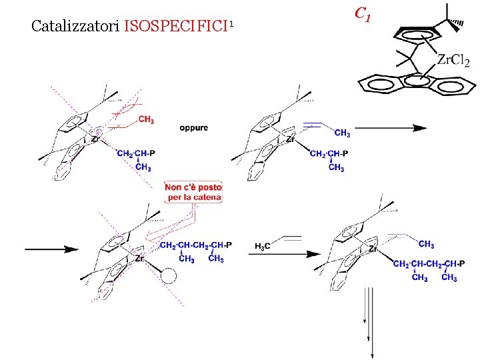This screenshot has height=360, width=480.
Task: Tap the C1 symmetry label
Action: [362, 13]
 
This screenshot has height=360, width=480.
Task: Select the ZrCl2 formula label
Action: [453, 61]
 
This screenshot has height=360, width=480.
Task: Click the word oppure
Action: [193, 127]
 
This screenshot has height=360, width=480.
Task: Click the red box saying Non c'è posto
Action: [193, 193]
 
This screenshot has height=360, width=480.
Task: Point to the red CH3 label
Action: [147, 120]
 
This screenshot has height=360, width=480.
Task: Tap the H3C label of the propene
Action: [263, 247]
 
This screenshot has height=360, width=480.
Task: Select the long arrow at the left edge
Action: [52, 249]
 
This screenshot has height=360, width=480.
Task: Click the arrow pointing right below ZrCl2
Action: [391, 128]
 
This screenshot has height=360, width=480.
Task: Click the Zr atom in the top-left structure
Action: [95, 141]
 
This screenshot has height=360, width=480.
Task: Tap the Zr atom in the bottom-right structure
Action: [373, 249]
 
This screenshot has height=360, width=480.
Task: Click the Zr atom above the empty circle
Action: [139, 257]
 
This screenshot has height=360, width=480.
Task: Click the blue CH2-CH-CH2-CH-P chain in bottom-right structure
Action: [425, 264]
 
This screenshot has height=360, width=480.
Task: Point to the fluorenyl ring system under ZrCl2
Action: [417, 83]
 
